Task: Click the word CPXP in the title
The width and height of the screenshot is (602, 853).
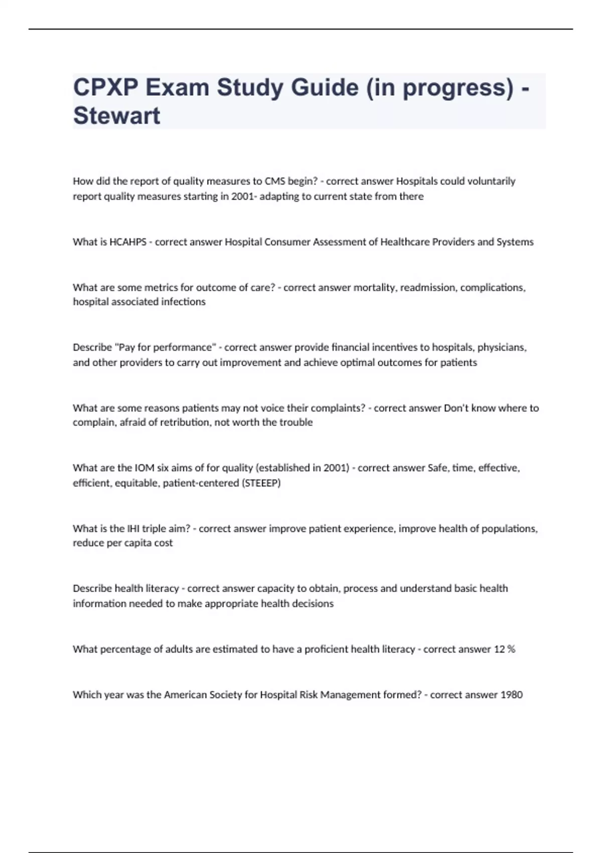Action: click(105, 88)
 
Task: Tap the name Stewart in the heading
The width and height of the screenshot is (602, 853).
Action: click(116, 116)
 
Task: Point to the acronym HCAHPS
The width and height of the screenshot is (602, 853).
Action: click(128, 242)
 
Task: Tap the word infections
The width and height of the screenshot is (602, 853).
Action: click(183, 302)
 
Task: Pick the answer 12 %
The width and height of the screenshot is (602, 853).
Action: click(504, 649)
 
